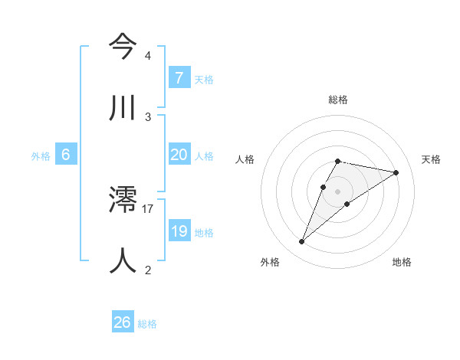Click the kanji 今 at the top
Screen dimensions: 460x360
[123, 47]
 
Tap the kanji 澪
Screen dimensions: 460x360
[123, 201]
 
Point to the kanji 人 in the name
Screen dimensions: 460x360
[123, 260]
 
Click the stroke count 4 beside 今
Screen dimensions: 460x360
[147, 56]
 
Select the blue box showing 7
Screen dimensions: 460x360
[179, 78]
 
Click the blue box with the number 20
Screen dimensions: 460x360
[179, 155]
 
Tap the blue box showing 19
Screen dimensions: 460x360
[179, 231]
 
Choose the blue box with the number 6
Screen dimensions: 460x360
[66, 155]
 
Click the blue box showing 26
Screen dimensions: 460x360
[123, 322]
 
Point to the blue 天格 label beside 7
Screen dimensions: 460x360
[204, 79]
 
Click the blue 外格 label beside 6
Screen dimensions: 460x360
[41, 155]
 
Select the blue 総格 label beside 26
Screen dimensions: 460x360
[147, 323]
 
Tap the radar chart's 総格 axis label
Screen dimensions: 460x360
[338, 100]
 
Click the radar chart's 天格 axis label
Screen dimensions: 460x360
[432, 159]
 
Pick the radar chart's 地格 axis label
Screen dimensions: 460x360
[402, 262]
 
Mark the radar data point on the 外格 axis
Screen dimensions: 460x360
[302, 242]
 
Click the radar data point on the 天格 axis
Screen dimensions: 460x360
[396, 172]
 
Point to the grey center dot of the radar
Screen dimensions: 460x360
[338, 191]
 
